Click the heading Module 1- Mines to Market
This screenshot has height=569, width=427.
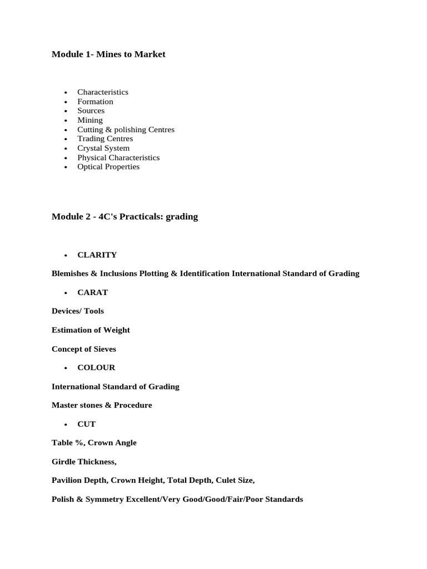108,54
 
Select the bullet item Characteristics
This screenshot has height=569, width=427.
103,92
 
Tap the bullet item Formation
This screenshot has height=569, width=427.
95,102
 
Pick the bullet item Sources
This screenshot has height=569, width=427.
91,111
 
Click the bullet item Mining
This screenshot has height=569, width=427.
90,120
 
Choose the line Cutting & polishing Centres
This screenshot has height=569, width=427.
126,129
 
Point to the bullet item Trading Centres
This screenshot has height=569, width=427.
105,139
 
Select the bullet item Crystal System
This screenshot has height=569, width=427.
103,148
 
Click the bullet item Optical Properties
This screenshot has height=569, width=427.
108,167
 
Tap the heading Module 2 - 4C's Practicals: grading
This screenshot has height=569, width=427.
125,217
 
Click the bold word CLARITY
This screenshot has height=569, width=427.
97,255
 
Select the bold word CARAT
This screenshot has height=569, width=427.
93,293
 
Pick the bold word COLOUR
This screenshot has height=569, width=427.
96,368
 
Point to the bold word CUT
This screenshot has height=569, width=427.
87,425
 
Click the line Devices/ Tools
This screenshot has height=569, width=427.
78,311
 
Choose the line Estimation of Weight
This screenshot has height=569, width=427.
91,330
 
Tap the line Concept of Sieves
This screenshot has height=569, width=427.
84,349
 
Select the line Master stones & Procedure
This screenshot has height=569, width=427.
102,406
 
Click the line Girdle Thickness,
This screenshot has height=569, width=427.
84,462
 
